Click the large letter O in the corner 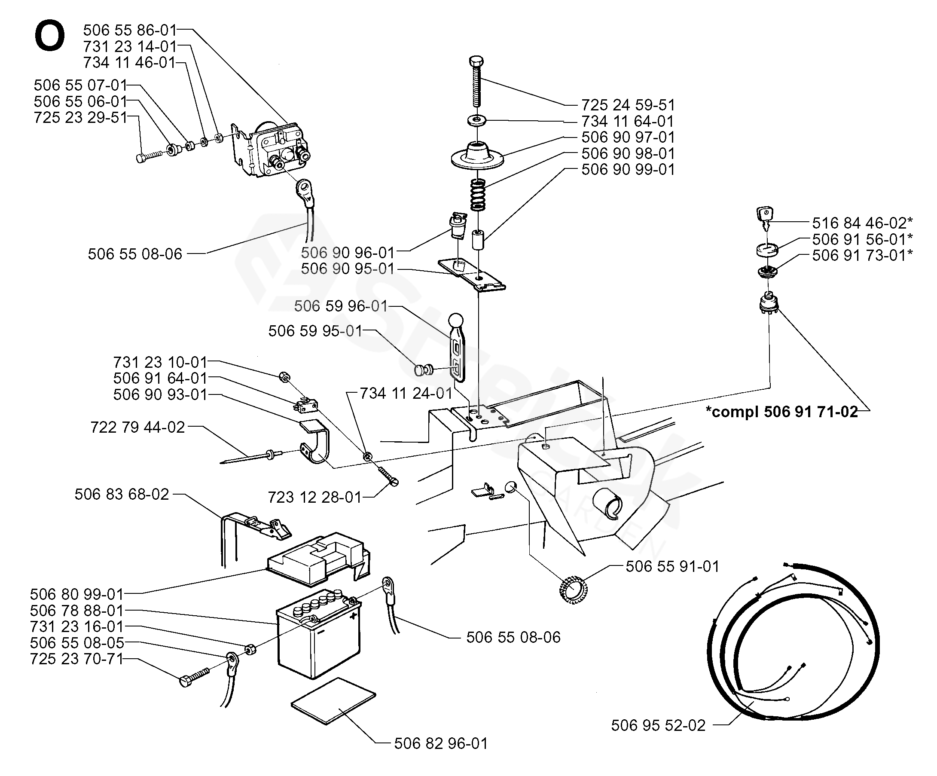pyautogui.click(x=49, y=36)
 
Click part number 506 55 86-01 pyautogui.click(x=130, y=30)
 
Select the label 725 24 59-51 pyautogui.click(x=627, y=105)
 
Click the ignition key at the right pyautogui.click(x=765, y=217)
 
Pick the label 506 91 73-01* pyautogui.click(x=862, y=255)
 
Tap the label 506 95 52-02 pyautogui.click(x=658, y=726)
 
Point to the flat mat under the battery pyautogui.click(x=333, y=700)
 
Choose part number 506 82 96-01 pyautogui.click(x=441, y=743)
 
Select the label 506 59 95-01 pyautogui.click(x=315, y=331)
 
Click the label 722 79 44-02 pyautogui.click(x=137, y=428)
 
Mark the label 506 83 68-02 pyautogui.click(x=121, y=495)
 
